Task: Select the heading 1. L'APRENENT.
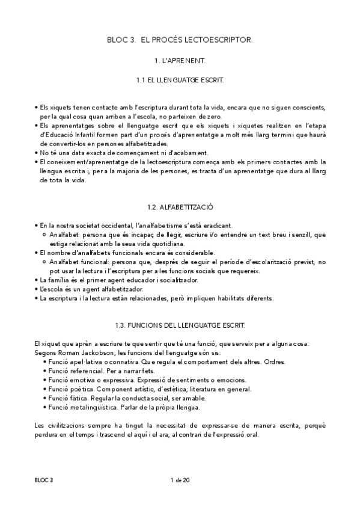pyautogui.click(x=180, y=61)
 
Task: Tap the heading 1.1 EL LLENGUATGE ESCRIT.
pyautogui.click(x=180, y=79)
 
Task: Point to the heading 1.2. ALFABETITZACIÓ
pyautogui.click(x=180, y=206)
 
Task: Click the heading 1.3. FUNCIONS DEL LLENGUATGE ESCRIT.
pyautogui.click(x=180, y=325)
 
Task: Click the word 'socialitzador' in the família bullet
pyautogui.click(x=177, y=280)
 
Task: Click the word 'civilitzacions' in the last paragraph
pyautogui.click(x=66, y=426)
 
